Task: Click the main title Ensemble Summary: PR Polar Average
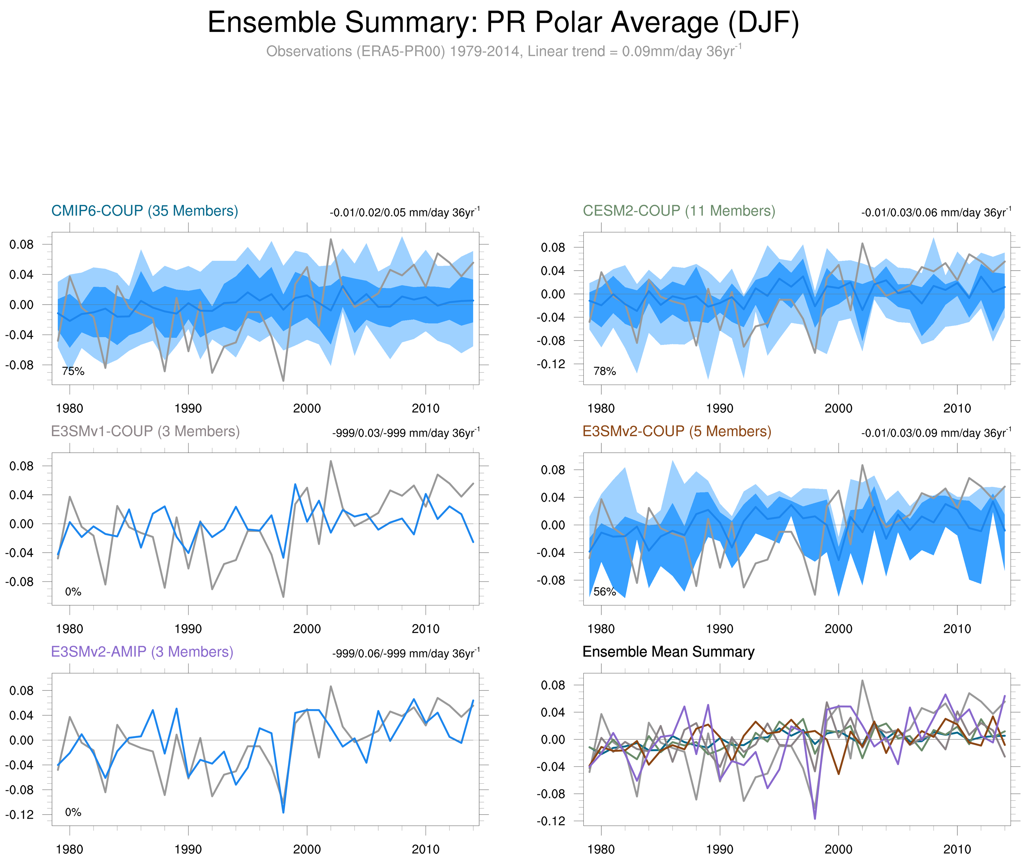coord(503,23)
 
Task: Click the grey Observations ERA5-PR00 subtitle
coord(503,51)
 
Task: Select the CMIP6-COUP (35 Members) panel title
coord(145,211)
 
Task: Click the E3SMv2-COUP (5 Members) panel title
coord(676,432)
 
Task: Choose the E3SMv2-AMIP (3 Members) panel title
coord(142,652)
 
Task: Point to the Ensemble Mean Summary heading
coord(668,652)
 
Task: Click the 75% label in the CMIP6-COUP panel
coord(73,371)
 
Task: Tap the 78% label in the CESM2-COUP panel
coord(604,371)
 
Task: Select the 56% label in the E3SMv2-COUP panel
coord(604,592)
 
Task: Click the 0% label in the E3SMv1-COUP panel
coord(73,592)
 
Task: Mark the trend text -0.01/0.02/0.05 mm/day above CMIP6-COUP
coord(404,213)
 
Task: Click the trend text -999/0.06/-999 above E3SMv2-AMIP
coord(405,653)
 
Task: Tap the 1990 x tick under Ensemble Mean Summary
coord(719,849)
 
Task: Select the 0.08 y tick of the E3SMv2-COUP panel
coord(553,470)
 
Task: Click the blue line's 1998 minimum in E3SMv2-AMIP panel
coord(283,812)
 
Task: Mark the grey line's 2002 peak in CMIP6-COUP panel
coord(330,239)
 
